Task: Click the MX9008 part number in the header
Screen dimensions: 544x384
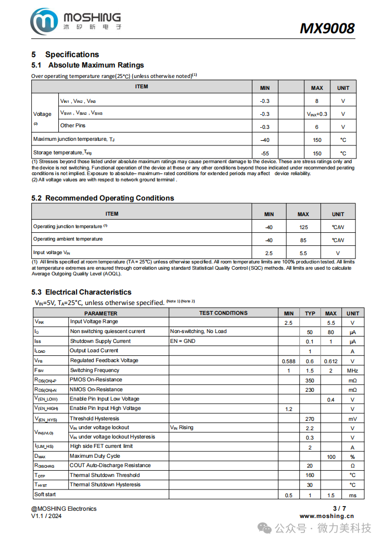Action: tap(327, 28)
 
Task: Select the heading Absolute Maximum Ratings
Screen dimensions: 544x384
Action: tap(96, 65)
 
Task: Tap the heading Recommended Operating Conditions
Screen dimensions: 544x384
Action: tap(109, 198)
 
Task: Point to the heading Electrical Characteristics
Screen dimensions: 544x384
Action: tap(88, 292)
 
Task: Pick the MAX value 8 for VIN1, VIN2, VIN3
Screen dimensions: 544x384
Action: tap(316, 101)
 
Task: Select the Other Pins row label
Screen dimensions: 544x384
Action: tap(73, 126)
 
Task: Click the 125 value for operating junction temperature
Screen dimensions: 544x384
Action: tap(303, 227)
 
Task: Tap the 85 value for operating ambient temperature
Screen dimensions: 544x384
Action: tap(303, 240)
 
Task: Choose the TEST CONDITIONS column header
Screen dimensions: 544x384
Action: tap(223, 313)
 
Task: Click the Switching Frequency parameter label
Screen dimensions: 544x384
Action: tap(95, 370)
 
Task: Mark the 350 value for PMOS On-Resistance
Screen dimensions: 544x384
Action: tap(310, 380)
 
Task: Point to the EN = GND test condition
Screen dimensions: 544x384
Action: tap(183, 341)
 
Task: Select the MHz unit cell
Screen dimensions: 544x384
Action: tap(352, 371)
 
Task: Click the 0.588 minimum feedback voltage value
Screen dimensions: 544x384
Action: tap(288, 361)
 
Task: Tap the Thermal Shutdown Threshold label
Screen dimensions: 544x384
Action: tap(105, 475)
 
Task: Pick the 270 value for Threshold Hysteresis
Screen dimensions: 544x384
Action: tap(310, 419)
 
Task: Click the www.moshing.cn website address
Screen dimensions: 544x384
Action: tap(326, 516)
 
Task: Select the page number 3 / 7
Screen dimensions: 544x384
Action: tap(339, 508)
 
